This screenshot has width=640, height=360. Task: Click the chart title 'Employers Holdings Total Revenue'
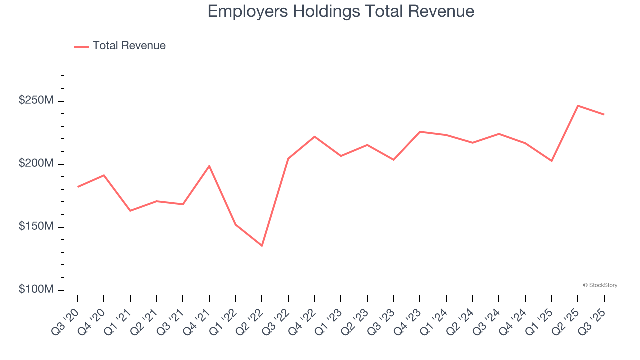tap(341, 11)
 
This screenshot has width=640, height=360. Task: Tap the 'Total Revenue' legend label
tap(129, 46)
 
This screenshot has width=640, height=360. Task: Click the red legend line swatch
tap(81, 46)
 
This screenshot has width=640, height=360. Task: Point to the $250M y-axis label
tap(36, 101)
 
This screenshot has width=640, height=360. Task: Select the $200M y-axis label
tap(36, 164)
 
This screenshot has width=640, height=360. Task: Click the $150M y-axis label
tap(36, 227)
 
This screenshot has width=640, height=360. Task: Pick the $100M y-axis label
tap(36, 290)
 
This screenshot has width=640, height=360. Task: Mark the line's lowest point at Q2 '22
tap(262, 246)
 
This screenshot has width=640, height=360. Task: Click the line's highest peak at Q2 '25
tap(578, 106)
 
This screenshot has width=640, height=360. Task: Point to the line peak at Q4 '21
tap(209, 166)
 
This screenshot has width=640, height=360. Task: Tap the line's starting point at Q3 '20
tap(78, 187)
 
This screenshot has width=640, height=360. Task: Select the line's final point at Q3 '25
tap(604, 114)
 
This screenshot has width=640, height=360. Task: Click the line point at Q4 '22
tap(315, 136)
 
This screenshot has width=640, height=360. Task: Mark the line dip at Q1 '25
tap(551, 161)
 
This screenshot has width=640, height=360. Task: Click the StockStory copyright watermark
tap(600, 285)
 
